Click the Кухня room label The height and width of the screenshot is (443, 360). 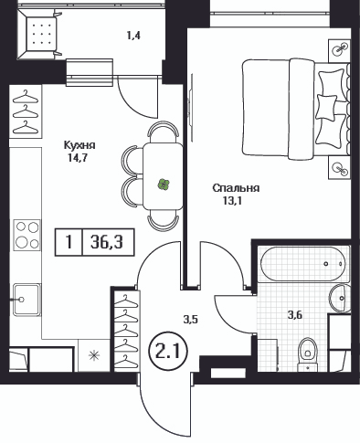79,145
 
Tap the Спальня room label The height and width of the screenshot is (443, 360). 236,188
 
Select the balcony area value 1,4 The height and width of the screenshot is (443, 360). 133,36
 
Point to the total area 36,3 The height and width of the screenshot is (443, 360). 107,242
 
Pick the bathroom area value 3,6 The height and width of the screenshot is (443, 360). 295,314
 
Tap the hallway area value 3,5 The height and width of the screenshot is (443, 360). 191,320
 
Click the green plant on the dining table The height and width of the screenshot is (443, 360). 164,185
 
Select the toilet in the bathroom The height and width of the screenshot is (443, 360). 308,353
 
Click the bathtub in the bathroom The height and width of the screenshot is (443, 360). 303,264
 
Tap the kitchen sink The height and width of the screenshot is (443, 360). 26,300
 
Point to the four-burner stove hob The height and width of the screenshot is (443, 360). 26,235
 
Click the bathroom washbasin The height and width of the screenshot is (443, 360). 339,298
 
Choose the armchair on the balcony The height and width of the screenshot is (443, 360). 40,35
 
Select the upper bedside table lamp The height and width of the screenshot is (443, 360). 340,48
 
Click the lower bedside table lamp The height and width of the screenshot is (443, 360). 340,168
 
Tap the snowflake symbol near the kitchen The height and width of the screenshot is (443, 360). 93,355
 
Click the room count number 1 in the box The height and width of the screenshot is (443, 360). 69,242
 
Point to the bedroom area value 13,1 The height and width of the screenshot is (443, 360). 233,201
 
